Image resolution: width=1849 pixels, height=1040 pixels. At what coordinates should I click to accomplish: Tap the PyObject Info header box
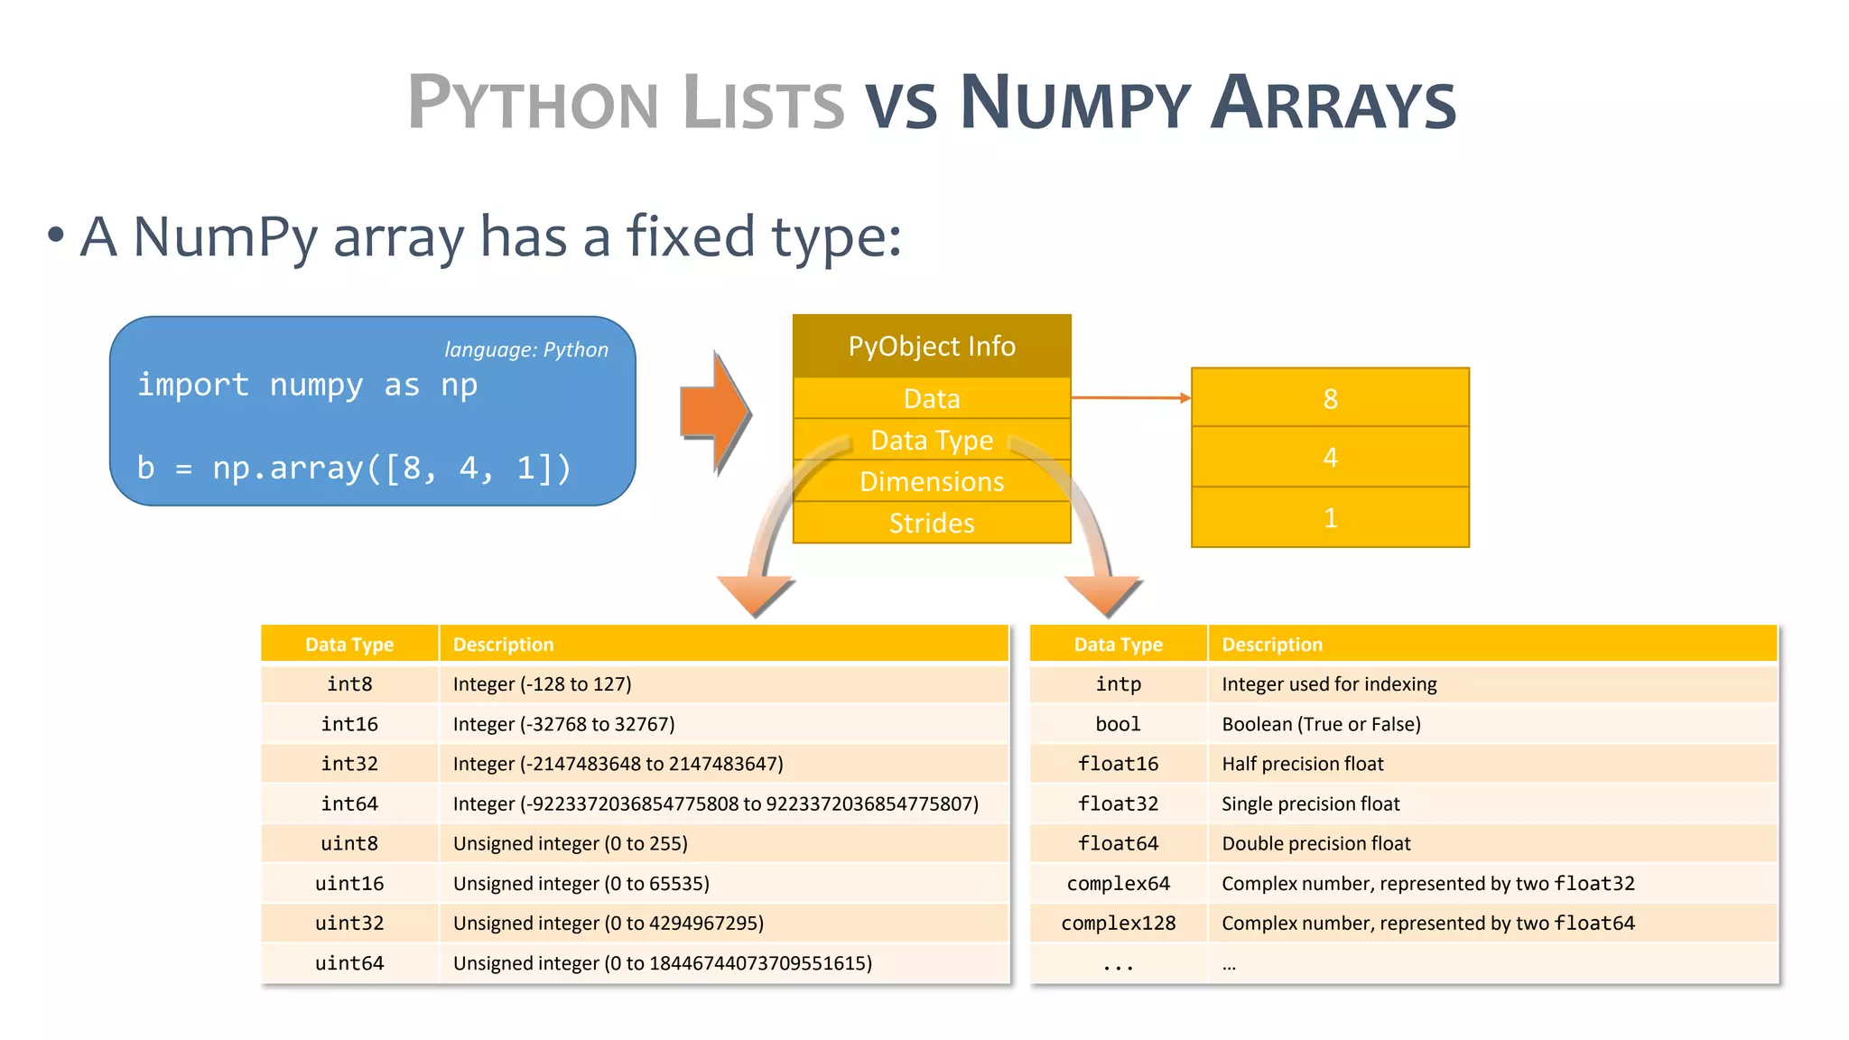(932, 346)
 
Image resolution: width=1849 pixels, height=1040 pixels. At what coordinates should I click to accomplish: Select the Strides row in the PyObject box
(932, 523)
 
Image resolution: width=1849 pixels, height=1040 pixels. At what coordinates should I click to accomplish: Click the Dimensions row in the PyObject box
(932, 481)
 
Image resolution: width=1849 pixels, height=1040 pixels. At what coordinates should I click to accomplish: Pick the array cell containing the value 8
(1330, 398)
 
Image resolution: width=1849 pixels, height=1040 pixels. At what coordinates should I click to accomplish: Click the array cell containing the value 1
(1330, 517)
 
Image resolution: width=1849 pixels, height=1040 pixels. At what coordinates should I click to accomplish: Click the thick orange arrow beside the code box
(714, 413)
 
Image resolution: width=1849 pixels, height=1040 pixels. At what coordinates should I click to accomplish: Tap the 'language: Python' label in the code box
(526, 349)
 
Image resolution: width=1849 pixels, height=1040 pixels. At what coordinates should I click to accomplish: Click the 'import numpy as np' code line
(307, 385)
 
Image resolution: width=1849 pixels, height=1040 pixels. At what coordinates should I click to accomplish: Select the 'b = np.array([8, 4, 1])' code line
(354, 468)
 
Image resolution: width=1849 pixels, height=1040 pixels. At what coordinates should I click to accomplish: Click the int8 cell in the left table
(349, 684)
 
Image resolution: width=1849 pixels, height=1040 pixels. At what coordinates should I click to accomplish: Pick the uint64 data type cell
(349, 963)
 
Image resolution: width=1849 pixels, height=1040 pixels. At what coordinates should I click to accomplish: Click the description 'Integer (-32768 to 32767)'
(563, 724)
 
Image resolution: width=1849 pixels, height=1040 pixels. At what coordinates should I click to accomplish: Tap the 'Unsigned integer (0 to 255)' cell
(570, 843)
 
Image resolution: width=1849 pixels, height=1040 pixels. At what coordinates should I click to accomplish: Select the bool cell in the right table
(1118, 724)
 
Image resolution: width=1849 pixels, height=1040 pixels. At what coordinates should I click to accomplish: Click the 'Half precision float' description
(1302, 764)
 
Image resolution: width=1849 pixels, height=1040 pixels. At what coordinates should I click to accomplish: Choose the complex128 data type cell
(1118, 923)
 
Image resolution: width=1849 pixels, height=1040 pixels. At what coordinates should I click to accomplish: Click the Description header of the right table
(1271, 645)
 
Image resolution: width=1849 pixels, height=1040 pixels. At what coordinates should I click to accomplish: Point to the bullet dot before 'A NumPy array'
(56, 236)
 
